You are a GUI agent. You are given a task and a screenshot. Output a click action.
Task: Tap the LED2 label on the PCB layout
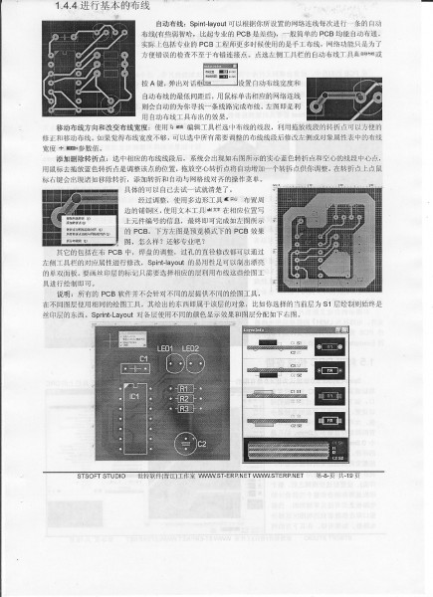point(192,350)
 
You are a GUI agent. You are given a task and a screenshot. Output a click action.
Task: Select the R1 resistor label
point(184,389)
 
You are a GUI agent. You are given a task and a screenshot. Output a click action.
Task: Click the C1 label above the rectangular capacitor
point(144,358)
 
